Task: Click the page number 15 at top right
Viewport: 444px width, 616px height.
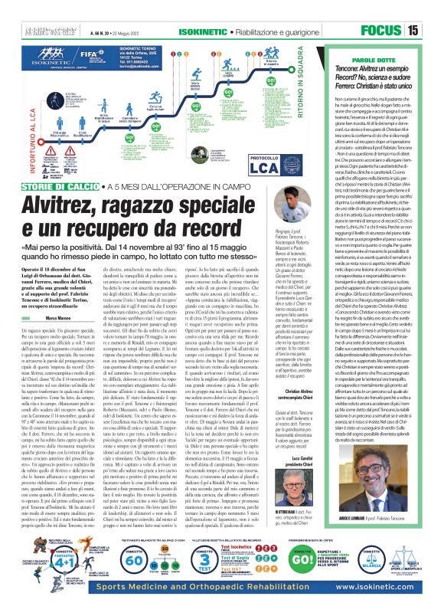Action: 433,31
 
